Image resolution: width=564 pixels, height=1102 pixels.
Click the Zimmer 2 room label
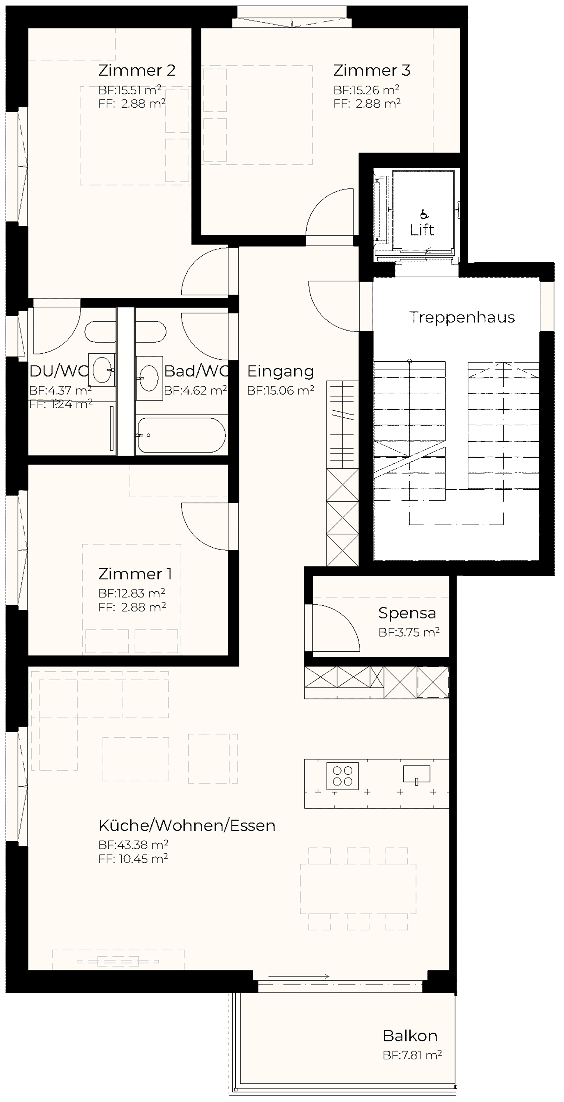pyautogui.click(x=137, y=70)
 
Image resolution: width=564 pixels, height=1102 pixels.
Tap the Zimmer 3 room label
pyautogui.click(x=372, y=70)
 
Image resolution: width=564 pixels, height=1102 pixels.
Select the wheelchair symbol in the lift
pyautogui.click(x=424, y=214)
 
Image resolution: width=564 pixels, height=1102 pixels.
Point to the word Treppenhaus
pyautogui.click(x=462, y=317)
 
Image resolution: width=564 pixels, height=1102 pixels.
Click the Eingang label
pyautogui.click(x=281, y=371)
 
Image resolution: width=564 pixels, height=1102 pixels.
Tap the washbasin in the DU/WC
pyautogui.click(x=101, y=370)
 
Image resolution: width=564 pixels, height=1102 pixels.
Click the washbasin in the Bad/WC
pyautogui.click(x=149, y=378)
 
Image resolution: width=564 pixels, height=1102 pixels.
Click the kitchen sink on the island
pyautogui.click(x=417, y=774)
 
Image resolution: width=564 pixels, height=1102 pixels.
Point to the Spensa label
pyautogui.click(x=407, y=613)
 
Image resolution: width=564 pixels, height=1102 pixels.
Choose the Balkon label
pyautogui.click(x=410, y=1036)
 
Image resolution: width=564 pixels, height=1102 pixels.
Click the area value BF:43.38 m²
pyautogui.click(x=133, y=845)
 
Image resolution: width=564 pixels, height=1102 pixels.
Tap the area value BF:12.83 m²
pyautogui.click(x=132, y=593)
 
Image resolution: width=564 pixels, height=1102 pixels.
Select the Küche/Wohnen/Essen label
pyautogui.click(x=187, y=826)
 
